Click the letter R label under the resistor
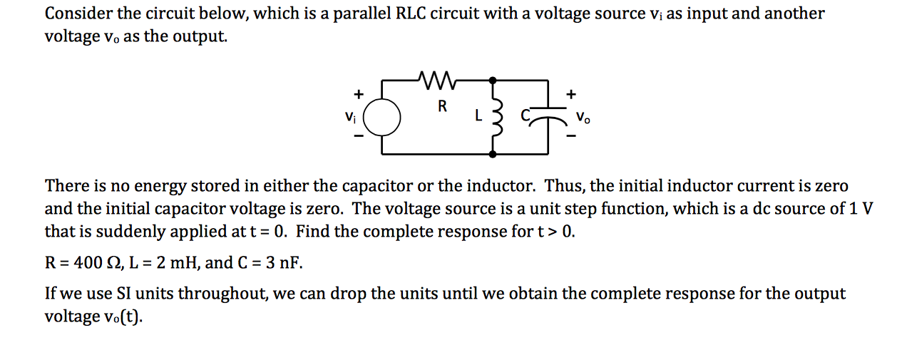442,107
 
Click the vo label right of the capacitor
583,118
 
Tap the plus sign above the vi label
359,93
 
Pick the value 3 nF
280,263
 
